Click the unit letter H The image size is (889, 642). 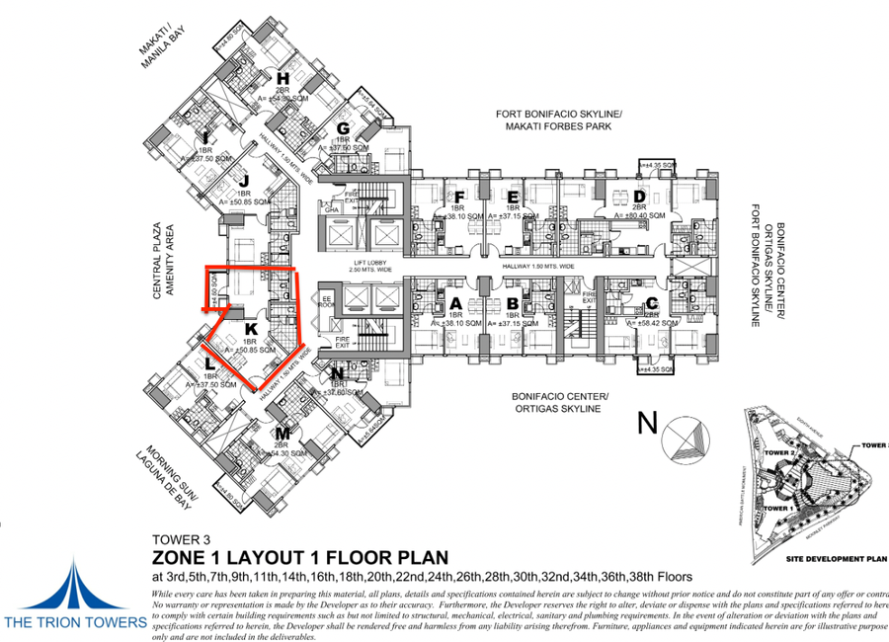pyautogui.click(x=283, y=78)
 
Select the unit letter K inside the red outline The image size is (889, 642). pyautogui.click(x=251, y=329)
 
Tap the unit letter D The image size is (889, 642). pyautogui.click(x=640, y=195)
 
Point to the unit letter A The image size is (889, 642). pyautogui.click(x=455, y=303)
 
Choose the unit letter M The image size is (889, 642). pyautogui.click(x=283, y=433)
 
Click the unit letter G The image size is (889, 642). pyautogui.click(x=344, y=128)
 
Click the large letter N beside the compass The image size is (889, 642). pyautogui.click(x=647, y=424)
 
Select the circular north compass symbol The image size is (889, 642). pyautogui.click(x=687, y=439)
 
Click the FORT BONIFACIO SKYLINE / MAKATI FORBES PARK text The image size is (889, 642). pyautogui.click(x=559, y=120)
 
